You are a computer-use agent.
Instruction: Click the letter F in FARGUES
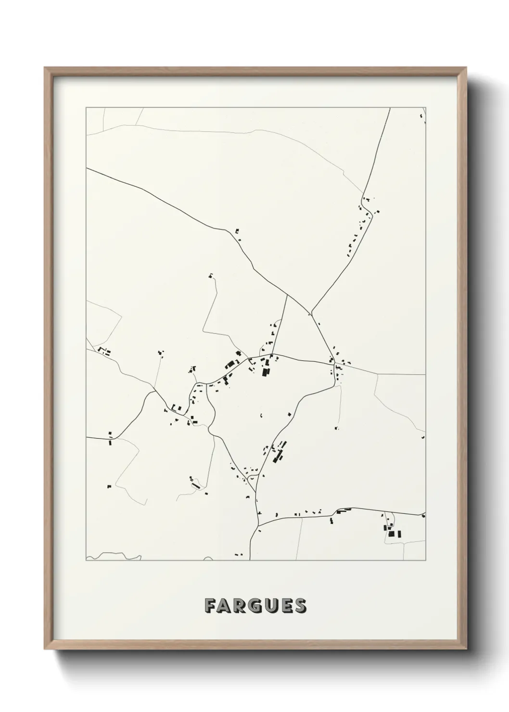[210, 606]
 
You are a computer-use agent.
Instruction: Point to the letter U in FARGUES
[270, 606]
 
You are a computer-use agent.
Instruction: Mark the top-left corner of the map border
[86, 108]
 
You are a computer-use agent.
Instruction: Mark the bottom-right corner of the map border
[425, 560]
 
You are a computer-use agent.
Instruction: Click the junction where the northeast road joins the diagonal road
[312, 313]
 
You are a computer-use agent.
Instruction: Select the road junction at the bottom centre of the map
[259, 525]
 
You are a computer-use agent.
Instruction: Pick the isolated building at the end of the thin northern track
[210, 276]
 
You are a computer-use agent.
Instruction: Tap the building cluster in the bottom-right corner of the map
[392, 531]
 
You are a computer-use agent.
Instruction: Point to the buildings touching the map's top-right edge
[423, 116]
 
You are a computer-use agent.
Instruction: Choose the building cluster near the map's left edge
[103, 351]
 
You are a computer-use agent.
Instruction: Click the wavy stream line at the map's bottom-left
[115, 556]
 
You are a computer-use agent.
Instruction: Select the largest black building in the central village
[265, 371]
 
